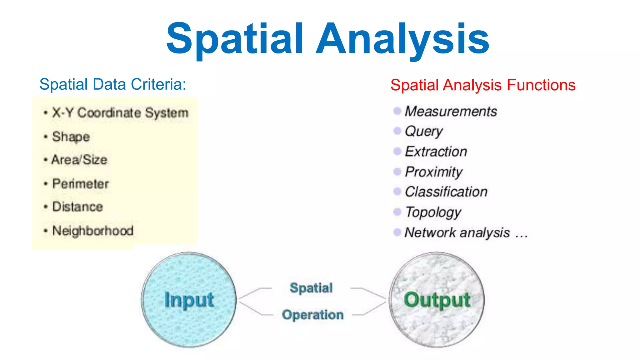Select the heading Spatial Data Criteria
[113, 84]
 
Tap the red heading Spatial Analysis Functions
[483, 85]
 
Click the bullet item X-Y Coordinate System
[120, 113]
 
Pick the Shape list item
[71, 137]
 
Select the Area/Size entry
[79, 160]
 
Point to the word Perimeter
[81, 183]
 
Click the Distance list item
[77, 207]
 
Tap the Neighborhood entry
[93, 231]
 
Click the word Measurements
[451, 112]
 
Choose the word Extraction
[436, 152]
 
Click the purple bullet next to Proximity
[397, 171]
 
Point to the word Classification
[446, 192]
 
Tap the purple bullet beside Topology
[397, 212]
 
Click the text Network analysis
[457, 232]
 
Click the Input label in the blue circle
[189, 300]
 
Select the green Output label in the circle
[437, 300]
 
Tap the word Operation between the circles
[312, 315]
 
